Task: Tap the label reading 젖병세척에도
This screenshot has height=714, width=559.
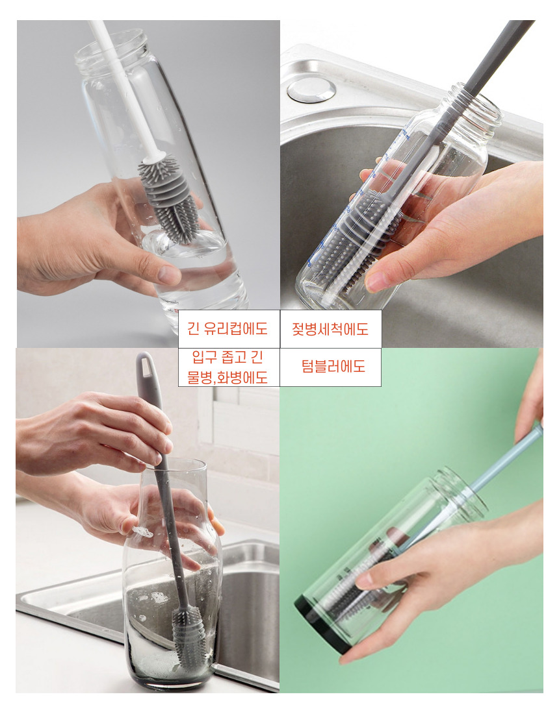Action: [330, 329]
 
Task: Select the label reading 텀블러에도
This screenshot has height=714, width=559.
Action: [333, 366]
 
